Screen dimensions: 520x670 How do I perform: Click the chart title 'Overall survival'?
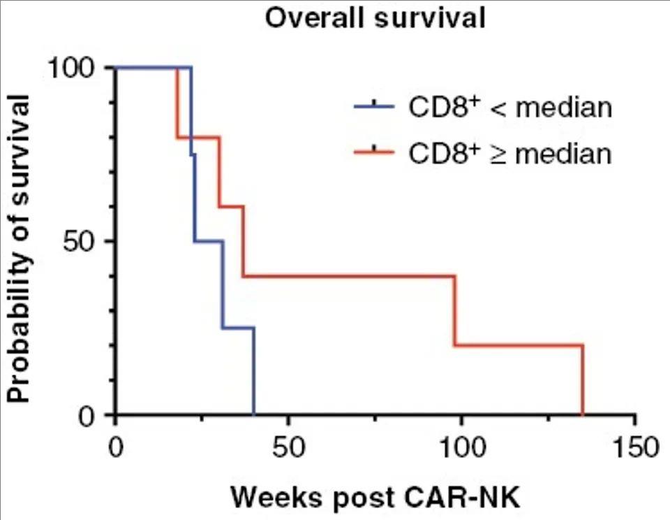pos(374,18)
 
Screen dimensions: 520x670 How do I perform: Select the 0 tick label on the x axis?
pos(116,447)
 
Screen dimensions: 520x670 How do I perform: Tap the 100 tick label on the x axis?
pos(461,447)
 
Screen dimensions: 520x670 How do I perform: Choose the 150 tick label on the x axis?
pos(634,447)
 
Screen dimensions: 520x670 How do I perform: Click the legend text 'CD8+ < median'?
pos(509,108)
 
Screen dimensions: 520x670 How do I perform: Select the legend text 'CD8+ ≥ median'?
pos(509,152)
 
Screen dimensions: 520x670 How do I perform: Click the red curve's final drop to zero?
pos(582,381)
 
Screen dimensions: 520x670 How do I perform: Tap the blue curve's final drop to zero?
pos(254,370)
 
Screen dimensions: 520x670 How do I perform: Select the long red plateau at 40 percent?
pos(349,276)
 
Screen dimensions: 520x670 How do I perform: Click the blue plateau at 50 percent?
pos(209,241)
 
